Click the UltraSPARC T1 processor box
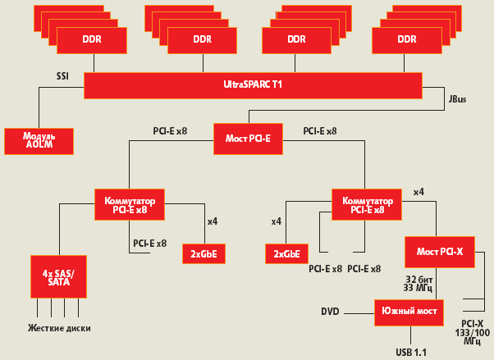point(253,84)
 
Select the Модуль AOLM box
point(39,140)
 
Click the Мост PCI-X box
point(439,251)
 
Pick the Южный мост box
point(409,312)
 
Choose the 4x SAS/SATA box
point(57,277)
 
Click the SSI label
point(62,76)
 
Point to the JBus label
point(457,100)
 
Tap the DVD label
point(331,312)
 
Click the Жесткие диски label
point(59,328)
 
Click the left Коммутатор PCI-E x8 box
point(130,203)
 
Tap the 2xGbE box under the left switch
point(203,253)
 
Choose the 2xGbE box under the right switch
point(286,253)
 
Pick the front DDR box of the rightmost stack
point(406,39)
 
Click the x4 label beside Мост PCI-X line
point(419,192)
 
